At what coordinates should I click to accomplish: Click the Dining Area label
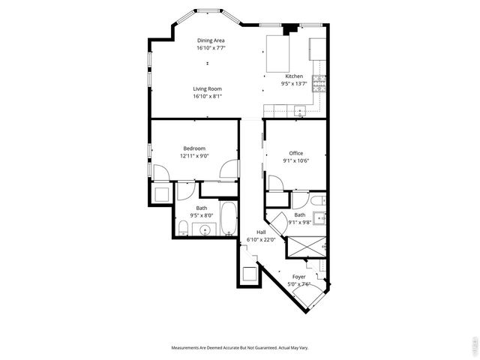click(x=211, y=40)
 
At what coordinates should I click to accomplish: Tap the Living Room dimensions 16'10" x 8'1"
click(x=208, y=96)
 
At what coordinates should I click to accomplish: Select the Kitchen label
click(x=294, y=76)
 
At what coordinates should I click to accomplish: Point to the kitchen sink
click(x=300, y=112)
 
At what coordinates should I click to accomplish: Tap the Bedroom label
click(x=194, y=148)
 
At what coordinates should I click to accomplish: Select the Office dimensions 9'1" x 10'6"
click(x=296, y=160)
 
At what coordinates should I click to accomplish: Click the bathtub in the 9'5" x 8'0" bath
click(x=227, y=218)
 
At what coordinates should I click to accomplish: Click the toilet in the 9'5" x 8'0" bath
click(x=182, y=228)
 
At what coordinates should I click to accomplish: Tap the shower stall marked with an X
click(x=307, y=247)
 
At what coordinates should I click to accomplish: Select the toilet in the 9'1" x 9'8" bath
click(x=318, y=200)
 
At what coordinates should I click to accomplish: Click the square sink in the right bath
click(x=319, y=220)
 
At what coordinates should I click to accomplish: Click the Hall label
click(x=261, y=232)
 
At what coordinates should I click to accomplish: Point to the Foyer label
click(x=299, y=277)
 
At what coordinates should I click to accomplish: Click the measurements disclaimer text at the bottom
click(x=239, y=347)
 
